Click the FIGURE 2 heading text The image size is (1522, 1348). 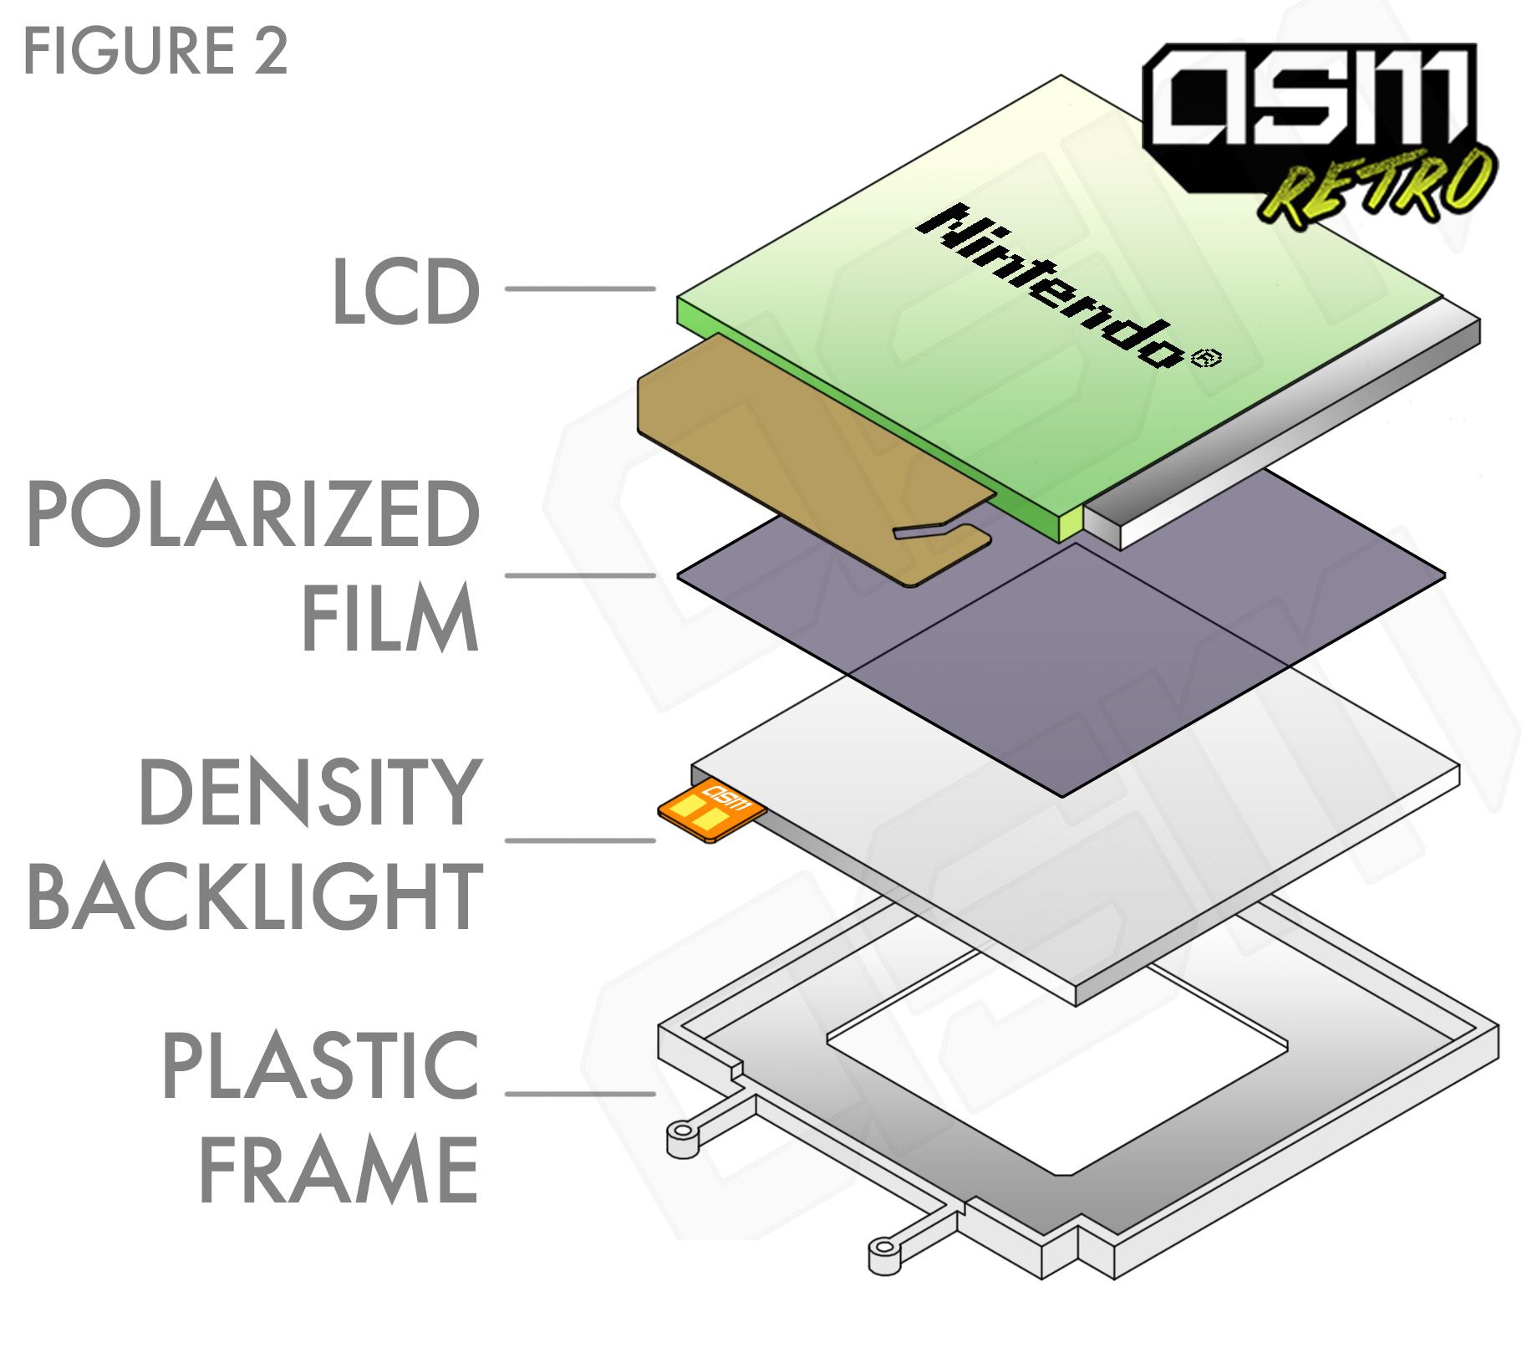[x=155, y=51]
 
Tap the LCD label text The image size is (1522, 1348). [x=405, y=291]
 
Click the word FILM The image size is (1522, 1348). [x=389, y=618]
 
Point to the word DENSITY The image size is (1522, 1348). [x=310, y=793]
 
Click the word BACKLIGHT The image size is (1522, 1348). [x=255, y=897]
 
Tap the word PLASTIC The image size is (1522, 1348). [x=320, y=1066]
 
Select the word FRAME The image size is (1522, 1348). [x=338, y=1170]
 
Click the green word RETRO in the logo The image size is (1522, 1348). [x=1379, y=189]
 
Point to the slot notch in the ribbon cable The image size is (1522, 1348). [x=928, y=530]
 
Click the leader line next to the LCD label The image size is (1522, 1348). [x=579, y=288]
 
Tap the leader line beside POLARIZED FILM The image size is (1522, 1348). [x=579, y=575]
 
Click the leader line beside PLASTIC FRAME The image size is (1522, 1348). [x=579, y=1093]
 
